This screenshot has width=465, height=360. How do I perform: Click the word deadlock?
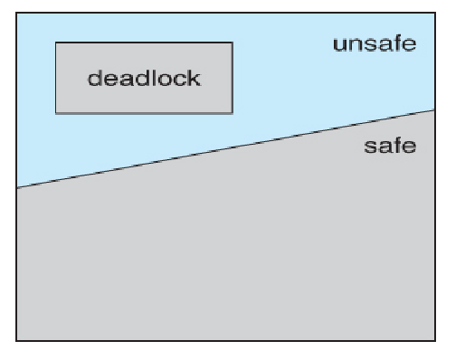pyautogui.click(x=144, y=78)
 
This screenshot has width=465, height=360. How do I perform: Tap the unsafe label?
pyautogui.click(x=375, y=43)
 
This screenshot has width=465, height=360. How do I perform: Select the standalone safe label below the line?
pyautogui.click(x=390, y=145)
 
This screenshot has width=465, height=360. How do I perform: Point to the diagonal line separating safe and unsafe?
pyautogui.click(x=226, y=149)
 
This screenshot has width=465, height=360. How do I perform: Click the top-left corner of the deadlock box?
pyautogui.click(x=56, y=43)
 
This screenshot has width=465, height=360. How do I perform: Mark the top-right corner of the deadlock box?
pyautogui.click(x=232, y=43)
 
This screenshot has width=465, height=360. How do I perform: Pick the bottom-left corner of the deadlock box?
pyautogui.click(x=56, y=113)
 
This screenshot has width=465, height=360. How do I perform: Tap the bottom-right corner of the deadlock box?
pyautogui.click(x=232, y=113)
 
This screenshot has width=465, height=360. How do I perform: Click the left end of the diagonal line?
pyautogui.click(x=17, y=187)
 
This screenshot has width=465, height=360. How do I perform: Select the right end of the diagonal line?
pyautogui.click(x=435, y=110)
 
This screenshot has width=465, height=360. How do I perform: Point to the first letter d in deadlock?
pyautogui.click(x=93, y=78)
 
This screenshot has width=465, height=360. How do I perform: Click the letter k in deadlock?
pyautogui.click(x=195, y=78)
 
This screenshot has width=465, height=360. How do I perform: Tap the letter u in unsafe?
pyautogui.click(x=339, y=45)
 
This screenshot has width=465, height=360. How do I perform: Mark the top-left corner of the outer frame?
pyautogui.click(x=17, y=14)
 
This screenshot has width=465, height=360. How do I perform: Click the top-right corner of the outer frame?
pyautogui.click(x=435, y=14)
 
